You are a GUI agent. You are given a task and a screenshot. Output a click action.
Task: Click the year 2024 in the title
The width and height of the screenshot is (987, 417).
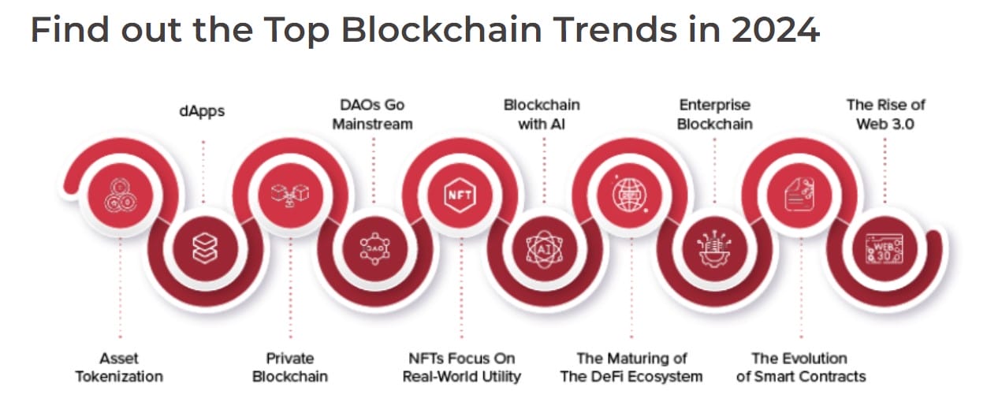(775, 30)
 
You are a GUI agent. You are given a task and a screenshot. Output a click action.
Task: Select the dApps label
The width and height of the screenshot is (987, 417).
(202, 111)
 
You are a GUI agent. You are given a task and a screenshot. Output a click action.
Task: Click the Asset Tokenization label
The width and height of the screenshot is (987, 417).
(119, 367)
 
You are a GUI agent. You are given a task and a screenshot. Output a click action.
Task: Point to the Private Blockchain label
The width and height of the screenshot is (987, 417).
(289, 367)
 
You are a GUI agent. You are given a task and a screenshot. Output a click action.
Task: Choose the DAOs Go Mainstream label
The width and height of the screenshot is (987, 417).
(372, 114)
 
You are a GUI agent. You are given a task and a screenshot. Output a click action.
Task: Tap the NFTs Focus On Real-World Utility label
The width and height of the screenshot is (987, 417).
(461, 367)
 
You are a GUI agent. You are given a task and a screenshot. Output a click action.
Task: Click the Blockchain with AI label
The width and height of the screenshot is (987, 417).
(542, 114)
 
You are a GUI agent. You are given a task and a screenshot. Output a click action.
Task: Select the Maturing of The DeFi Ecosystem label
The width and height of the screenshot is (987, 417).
(631, 367)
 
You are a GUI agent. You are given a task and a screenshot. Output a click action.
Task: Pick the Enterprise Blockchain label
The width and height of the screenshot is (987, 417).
(714, 114)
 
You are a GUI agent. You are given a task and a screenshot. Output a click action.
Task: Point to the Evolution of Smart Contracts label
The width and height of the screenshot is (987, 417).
(800, 367)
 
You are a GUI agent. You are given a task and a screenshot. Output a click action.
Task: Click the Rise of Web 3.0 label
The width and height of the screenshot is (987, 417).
(885, 114)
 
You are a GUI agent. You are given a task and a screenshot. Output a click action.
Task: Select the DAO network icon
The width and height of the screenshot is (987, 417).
(373, 247)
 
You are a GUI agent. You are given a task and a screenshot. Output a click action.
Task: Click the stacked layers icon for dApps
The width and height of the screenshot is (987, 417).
(203, 247)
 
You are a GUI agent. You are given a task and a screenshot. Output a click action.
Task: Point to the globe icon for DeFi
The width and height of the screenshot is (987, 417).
(629, 193)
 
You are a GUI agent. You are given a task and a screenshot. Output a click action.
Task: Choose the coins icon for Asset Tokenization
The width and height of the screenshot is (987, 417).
(119, 193)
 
